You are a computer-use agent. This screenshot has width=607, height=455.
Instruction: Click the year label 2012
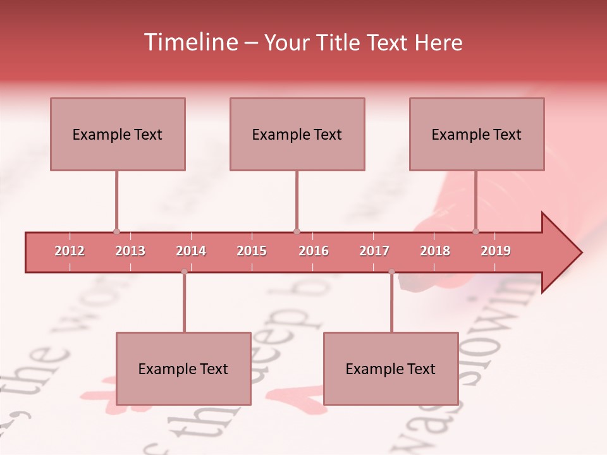click(70, 251)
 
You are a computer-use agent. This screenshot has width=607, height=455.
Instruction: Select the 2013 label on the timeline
click(130, 251)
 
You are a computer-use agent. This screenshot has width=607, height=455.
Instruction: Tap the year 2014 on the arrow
click(191, 251)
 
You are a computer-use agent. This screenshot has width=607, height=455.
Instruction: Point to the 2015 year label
click(252, 251)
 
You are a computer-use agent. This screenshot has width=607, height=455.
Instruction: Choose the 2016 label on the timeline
click(314, 251)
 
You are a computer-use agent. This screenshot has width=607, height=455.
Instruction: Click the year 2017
click(374, 251)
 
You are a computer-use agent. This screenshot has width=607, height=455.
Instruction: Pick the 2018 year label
click(435, 251)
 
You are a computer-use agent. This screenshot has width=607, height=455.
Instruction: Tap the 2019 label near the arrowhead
click(496, 251)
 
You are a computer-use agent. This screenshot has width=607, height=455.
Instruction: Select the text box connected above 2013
click(118, 134)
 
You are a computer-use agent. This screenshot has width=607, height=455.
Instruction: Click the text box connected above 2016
click(297, 134)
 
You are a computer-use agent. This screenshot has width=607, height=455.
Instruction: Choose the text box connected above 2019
click(477, 134)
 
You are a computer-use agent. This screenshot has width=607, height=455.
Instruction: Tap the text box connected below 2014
click(183, 368)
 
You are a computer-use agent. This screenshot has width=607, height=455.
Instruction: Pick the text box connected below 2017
click(391, 368)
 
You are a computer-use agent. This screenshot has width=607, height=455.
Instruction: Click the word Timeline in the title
click(190, 42)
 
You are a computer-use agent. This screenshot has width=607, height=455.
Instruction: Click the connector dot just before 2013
click(116, 232)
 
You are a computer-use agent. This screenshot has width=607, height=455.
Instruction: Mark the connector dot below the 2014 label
click(184, 272)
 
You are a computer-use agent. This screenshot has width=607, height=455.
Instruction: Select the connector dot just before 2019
click(475, 232)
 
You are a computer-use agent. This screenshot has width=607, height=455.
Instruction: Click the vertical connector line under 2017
click(391, 303)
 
